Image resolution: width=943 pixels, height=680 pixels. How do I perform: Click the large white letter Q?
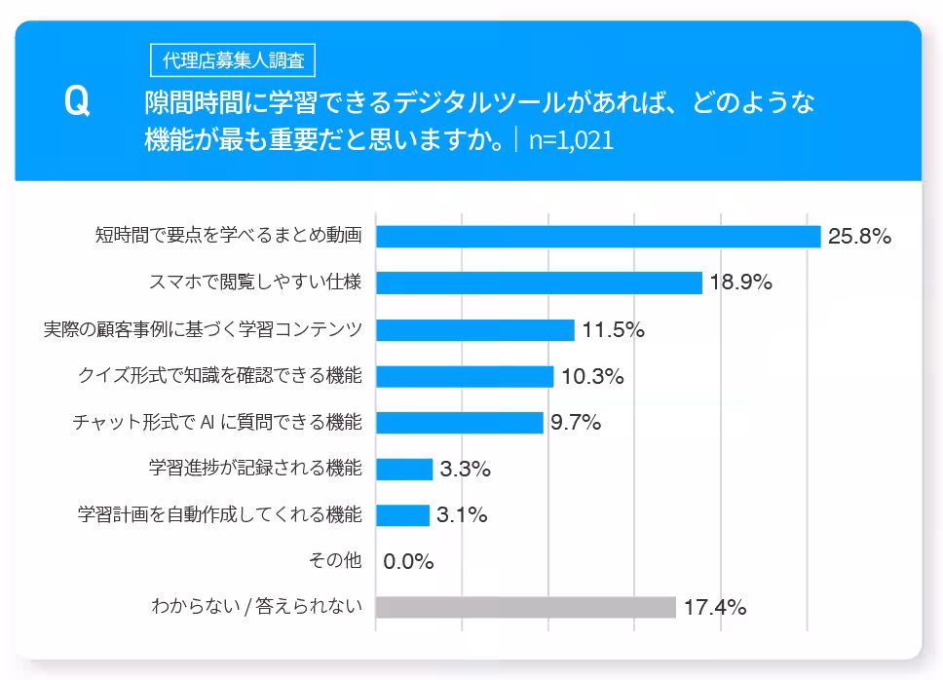(77, 102)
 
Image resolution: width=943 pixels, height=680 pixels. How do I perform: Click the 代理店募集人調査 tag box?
(233, 60)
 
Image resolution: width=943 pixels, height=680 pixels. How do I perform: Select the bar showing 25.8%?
(598, 237)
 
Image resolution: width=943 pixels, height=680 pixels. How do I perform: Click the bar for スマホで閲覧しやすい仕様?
(539, 283)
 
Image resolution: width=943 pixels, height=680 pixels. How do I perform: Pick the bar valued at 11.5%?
(474, 329)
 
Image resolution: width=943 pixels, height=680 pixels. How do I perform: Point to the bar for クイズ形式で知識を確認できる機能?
(465, 376)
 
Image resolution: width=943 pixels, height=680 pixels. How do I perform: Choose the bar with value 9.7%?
(459, 422)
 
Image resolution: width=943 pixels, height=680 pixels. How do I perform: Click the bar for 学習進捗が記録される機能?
(404, 469)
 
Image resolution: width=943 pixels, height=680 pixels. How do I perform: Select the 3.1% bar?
(402, 515)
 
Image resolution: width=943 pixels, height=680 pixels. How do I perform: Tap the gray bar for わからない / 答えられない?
(525, 607)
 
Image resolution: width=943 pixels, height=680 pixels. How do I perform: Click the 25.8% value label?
(859, 237)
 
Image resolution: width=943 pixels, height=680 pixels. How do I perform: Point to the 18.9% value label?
(740, 283)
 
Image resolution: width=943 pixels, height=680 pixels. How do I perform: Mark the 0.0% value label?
(408, 561)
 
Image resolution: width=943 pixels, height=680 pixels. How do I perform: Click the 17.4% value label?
(714, 607)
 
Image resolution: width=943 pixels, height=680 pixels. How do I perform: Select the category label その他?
(334, 560)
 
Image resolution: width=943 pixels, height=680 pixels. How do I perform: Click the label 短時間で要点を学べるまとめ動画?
(229, 235)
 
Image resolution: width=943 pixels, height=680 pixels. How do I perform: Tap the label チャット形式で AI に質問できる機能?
(217, 422)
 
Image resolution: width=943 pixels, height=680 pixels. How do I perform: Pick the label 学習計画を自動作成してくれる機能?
(220, 514)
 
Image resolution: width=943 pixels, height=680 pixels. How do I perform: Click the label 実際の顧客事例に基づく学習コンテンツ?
(203, 328)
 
